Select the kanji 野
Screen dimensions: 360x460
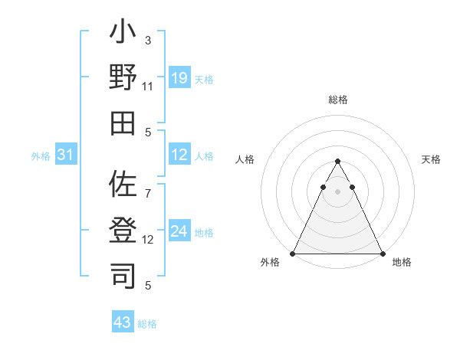(123, 79)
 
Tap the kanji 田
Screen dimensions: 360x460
(123, 123)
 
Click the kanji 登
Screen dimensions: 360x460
(123, 230)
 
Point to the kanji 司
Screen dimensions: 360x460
(123, 274)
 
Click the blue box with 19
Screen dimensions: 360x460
(179, 78)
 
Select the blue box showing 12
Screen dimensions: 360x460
(179, 155)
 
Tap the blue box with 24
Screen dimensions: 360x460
(179, 231)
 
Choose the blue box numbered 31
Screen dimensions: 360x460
(66, 155)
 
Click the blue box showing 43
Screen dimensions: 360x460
(123, 322)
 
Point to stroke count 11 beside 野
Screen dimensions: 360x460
(148, 87)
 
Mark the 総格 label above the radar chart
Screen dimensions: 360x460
(338, 100)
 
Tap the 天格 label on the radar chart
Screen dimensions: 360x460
(432, 159)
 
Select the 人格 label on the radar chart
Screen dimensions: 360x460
(245, 159)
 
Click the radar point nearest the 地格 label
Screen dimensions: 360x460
(383, 253)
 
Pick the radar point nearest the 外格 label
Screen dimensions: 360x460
(293, 253)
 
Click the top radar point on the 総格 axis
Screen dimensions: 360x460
(338, 161)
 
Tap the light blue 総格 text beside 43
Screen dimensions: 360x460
(147, 324)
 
